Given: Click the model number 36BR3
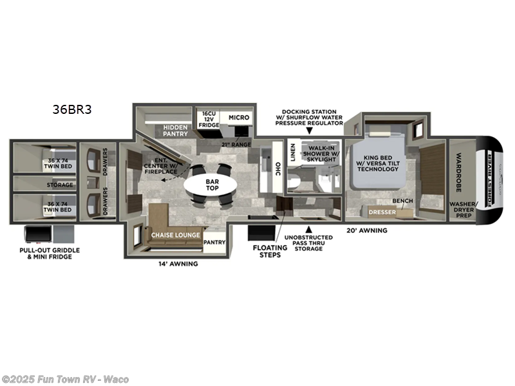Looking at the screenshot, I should (72, 109).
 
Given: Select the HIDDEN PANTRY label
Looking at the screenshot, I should (174, 131).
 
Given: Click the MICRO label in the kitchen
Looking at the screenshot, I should (238, 118).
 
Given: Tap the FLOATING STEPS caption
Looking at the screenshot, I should (270, 250).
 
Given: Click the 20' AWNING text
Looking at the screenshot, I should (366, 230).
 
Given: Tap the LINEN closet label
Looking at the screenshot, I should (293, 152).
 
